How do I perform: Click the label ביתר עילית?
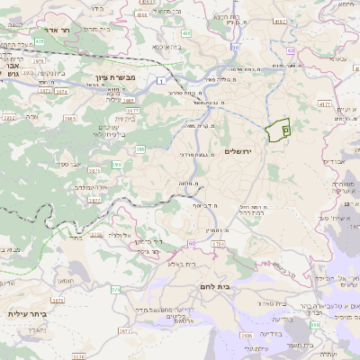tap(26, 314)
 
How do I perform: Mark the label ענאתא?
tap(337, 58)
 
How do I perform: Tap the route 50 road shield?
tap(236, 47)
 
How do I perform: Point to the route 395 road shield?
tap(116, 165)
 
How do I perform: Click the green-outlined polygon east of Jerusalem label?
tap(280, 130)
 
